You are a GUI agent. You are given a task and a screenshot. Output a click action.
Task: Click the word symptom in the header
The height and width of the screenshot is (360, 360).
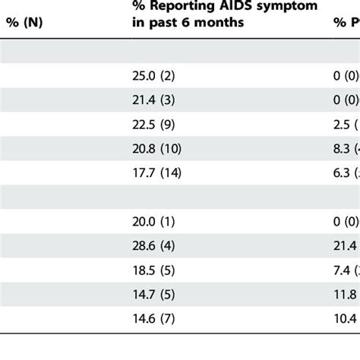[267, 8]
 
